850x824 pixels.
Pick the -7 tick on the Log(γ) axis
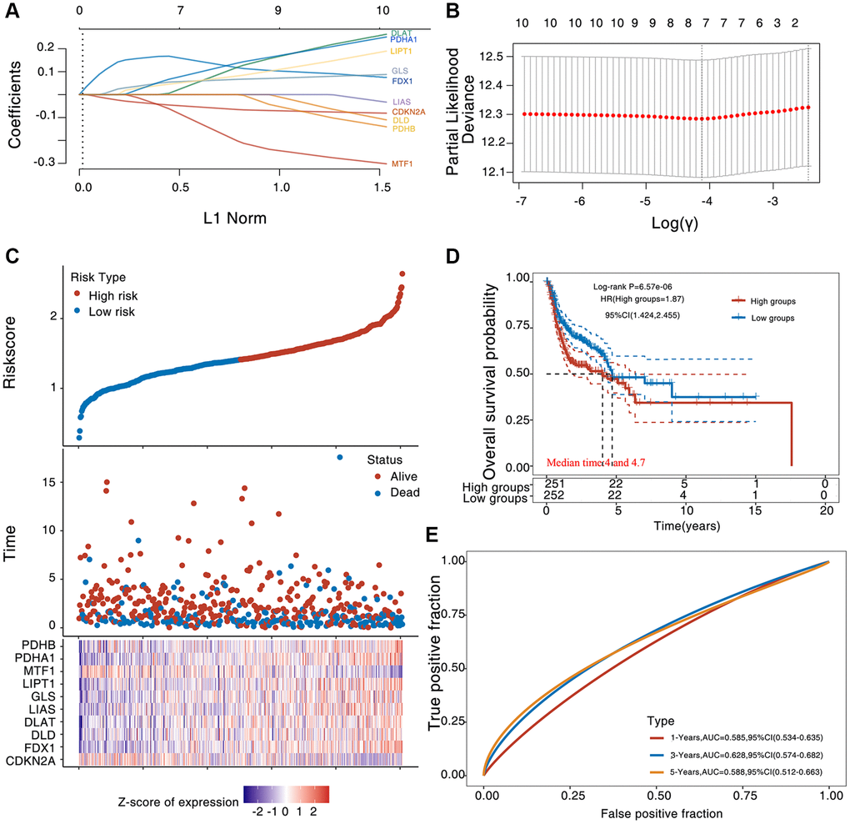[520, 202]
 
